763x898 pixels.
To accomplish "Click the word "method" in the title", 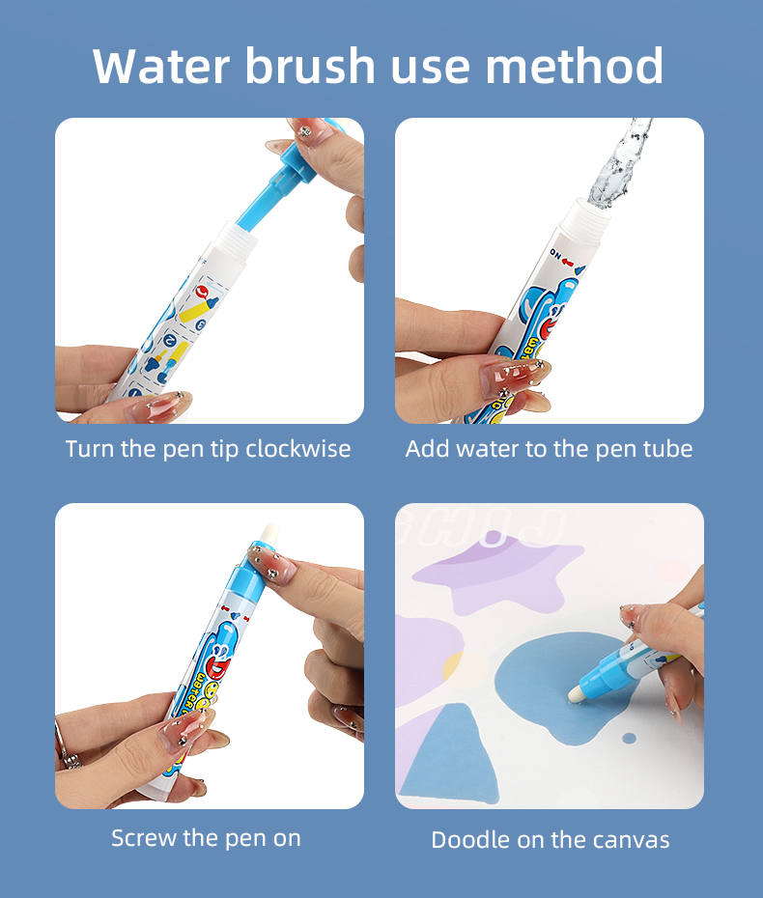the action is [574, 66].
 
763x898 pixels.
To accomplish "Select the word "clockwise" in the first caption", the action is [297, 448].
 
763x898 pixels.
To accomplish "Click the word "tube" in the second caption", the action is [668, 448].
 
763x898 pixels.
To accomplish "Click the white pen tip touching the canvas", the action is [575, 693].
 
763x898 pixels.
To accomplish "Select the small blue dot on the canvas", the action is [629, 739].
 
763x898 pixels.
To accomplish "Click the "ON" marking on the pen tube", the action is [555, 253].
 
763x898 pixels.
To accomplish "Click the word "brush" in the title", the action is [309, 66].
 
